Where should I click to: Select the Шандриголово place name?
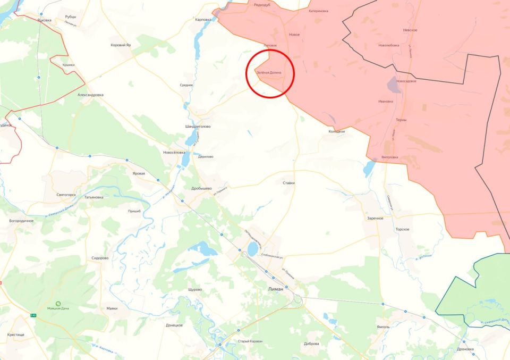(198, 127)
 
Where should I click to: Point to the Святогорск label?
(66, 195)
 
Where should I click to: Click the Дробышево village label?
(201, 188)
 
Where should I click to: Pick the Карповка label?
(203, 20)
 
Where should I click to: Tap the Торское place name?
(402, 229)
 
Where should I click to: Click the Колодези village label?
(336, 131)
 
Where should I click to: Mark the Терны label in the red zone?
(401, 120)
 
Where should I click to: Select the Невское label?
(410, 30)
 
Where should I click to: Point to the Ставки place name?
(289, 183)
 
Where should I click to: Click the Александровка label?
(90, 95)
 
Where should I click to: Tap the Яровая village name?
(139, 173)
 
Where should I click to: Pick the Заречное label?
(375, 219)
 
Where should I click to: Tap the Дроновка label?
(465, 349)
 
